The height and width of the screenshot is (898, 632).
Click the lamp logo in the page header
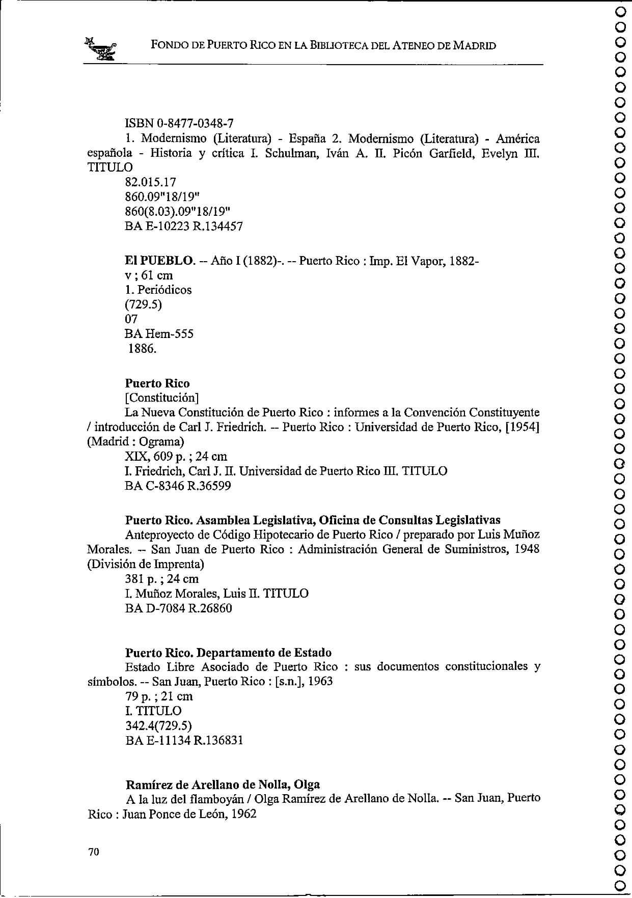[101, 49]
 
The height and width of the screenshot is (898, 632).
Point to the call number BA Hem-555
[159, 334]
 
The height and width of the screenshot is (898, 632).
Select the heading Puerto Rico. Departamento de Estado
[228, 652]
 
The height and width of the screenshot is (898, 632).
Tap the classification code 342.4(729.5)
[158, 725]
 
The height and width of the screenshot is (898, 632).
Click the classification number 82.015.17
[150, 182]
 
